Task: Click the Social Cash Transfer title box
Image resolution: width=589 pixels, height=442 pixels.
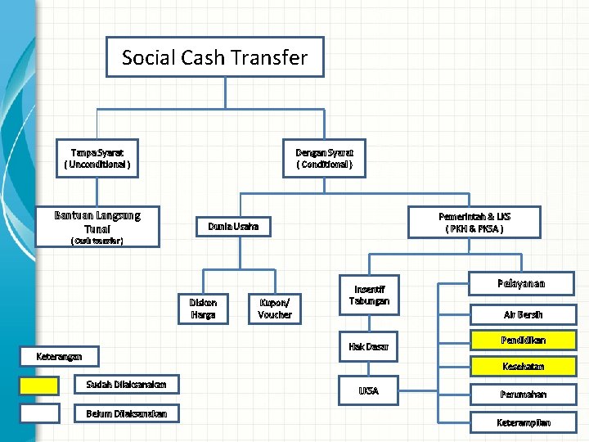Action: pyautogui.click(x=214, y=57)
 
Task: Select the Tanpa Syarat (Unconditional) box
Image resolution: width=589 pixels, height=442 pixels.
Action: pyautogui.click(x=97, y=158)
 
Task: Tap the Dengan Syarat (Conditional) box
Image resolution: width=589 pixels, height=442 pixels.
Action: pyautogui.click(x=325, y=158)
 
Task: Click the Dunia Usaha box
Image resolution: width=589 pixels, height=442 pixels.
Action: pyautogui.click(x=233, y=225)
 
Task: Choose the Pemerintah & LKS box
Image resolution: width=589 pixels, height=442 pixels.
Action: pyautogui.click(x=474, y=222)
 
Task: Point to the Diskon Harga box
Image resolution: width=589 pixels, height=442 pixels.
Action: pyautogui.click(x=203, y=308)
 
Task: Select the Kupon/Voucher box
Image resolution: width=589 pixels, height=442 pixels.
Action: pyautogui.click(x=275, y=308)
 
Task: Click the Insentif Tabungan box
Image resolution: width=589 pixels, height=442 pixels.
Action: pyautogui.click(x=369, y=295)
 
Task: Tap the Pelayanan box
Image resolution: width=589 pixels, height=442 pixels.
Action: pyautogui.click(x=521, y=284)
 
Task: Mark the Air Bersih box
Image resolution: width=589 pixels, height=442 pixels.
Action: pyautogui.click(x=523, y=314)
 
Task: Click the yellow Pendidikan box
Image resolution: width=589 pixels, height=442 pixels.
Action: pyautogui.click(x=523, y=340)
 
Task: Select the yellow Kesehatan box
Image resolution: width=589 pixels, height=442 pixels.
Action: pyautogui.click(x=523, y=366)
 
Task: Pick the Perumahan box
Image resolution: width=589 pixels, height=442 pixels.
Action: pyautogui.click(x=523, y=394)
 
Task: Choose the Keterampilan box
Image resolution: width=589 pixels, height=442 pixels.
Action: pyautogui.click(x=523, y=422)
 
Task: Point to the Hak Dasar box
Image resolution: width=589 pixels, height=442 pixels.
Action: pyautogui.click(x=369, y=346)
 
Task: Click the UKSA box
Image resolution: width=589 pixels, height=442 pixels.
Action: pyautogui.click(x=369, y=390)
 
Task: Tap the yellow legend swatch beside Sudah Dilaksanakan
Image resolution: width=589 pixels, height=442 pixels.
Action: pyautogui.click(x=39, y=386)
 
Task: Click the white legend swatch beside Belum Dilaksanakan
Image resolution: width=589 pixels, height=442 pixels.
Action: pyautogui.click(x=39, y=413)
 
